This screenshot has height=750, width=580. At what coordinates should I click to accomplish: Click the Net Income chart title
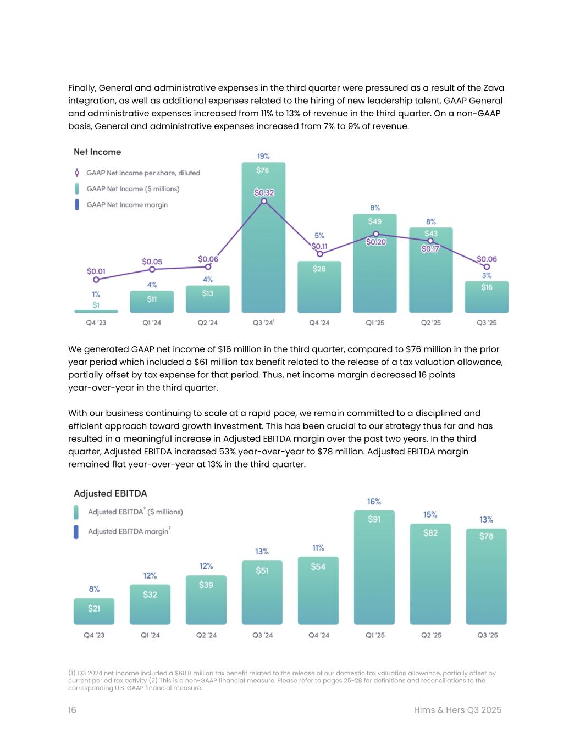click(x=97, y=152)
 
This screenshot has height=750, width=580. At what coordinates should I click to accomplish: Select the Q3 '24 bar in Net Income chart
click(x=263, y=247)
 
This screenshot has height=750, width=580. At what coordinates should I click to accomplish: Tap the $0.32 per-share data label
click(x=264, y=192)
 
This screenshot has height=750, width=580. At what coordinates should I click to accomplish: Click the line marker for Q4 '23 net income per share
click(x=96, y=280)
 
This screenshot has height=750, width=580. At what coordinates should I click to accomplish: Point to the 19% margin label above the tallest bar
click(x=263, y=156)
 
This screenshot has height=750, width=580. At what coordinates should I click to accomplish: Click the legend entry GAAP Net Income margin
click(x=126, y=205)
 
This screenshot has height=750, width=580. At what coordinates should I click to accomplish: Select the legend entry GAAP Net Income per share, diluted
click(x=143, y=173)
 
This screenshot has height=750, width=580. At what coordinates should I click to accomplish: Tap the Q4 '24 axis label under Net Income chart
click(x=319, y=323)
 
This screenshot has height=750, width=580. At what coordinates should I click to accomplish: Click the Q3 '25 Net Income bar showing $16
click(x=487, y=297)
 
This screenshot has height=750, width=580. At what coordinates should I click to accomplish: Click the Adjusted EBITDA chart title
click(x=111, y=493)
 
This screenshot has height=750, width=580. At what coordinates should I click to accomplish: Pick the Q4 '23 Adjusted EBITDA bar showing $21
click(x=94, y=612)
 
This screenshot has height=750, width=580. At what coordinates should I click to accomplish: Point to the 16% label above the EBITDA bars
click(x=374, y=502)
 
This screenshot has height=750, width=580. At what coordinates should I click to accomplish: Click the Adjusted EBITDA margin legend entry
click(x=129, y=531)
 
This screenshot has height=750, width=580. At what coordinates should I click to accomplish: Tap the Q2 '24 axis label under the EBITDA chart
click(x=207, y=635)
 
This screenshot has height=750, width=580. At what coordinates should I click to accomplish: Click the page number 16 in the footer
click(x=72, y=710)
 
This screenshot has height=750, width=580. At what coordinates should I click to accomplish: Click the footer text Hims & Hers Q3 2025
click(x=457, y=710)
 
